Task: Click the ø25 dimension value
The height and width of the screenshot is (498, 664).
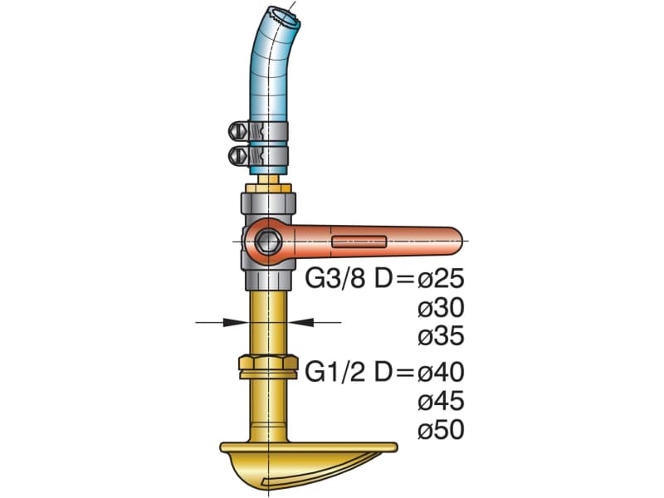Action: click(x=441, y=279)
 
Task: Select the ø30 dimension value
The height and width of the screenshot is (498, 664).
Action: click(x=441, y=308)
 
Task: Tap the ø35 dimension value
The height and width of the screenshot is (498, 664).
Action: click(x=441, y=336)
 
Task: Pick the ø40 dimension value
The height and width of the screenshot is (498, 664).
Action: click(x=441, y=372)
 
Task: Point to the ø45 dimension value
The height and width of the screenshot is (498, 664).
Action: click(x=441, y=401)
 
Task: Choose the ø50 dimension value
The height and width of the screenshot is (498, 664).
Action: click(x=441, y=429)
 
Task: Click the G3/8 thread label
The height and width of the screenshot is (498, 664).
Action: click(x=334, y=279)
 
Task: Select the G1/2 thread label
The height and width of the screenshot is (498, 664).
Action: click(x=334, y=372)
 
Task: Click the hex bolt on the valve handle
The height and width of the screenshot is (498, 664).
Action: click(x=267, y=242)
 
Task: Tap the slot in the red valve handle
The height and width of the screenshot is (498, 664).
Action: click(x=359, y=242)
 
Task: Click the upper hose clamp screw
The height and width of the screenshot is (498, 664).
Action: click(x=237, y=131)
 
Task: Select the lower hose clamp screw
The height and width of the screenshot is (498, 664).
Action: click(x=237, y=156)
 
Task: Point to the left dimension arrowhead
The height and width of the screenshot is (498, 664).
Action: click(x=236, y=322)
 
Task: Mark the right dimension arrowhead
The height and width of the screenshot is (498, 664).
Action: click(x=301, y=322)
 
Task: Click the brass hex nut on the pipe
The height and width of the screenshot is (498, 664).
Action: click(x=267, y=367)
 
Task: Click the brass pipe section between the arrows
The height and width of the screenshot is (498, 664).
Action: click(x=267, y=323)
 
